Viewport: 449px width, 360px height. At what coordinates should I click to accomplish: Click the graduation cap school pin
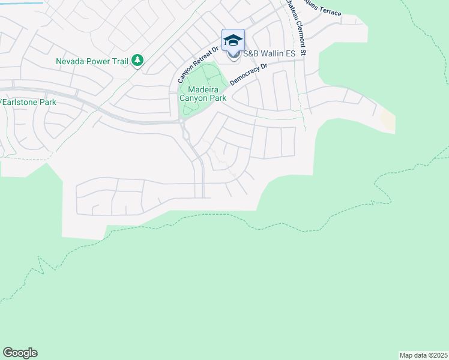pyautogui.click(x=233, y=41)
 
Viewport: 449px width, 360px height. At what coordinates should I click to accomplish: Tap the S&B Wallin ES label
pyautogui.click(x=268, y=54)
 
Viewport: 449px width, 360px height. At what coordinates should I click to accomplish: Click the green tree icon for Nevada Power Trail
pyautogui.click(x=137, y=60)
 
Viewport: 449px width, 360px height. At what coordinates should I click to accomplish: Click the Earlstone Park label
pyautogui.click(x=29, y=102)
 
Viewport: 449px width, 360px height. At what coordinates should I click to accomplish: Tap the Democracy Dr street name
pyautogui.click(x=247, y=75)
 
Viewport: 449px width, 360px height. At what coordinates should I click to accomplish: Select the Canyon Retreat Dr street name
pyautogui.click(x=196, y=65)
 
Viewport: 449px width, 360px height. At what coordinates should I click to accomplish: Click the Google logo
pyautogui.click(x=20, y=353)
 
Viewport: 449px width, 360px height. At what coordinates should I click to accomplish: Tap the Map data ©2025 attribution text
pyautogui.click(x=423, y=355)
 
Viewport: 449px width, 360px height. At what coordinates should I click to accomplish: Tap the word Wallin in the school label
pyautogui.click(x=271, y=54)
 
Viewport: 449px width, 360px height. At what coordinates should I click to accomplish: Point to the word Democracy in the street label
pyautogui.click(x=244, y=77)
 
